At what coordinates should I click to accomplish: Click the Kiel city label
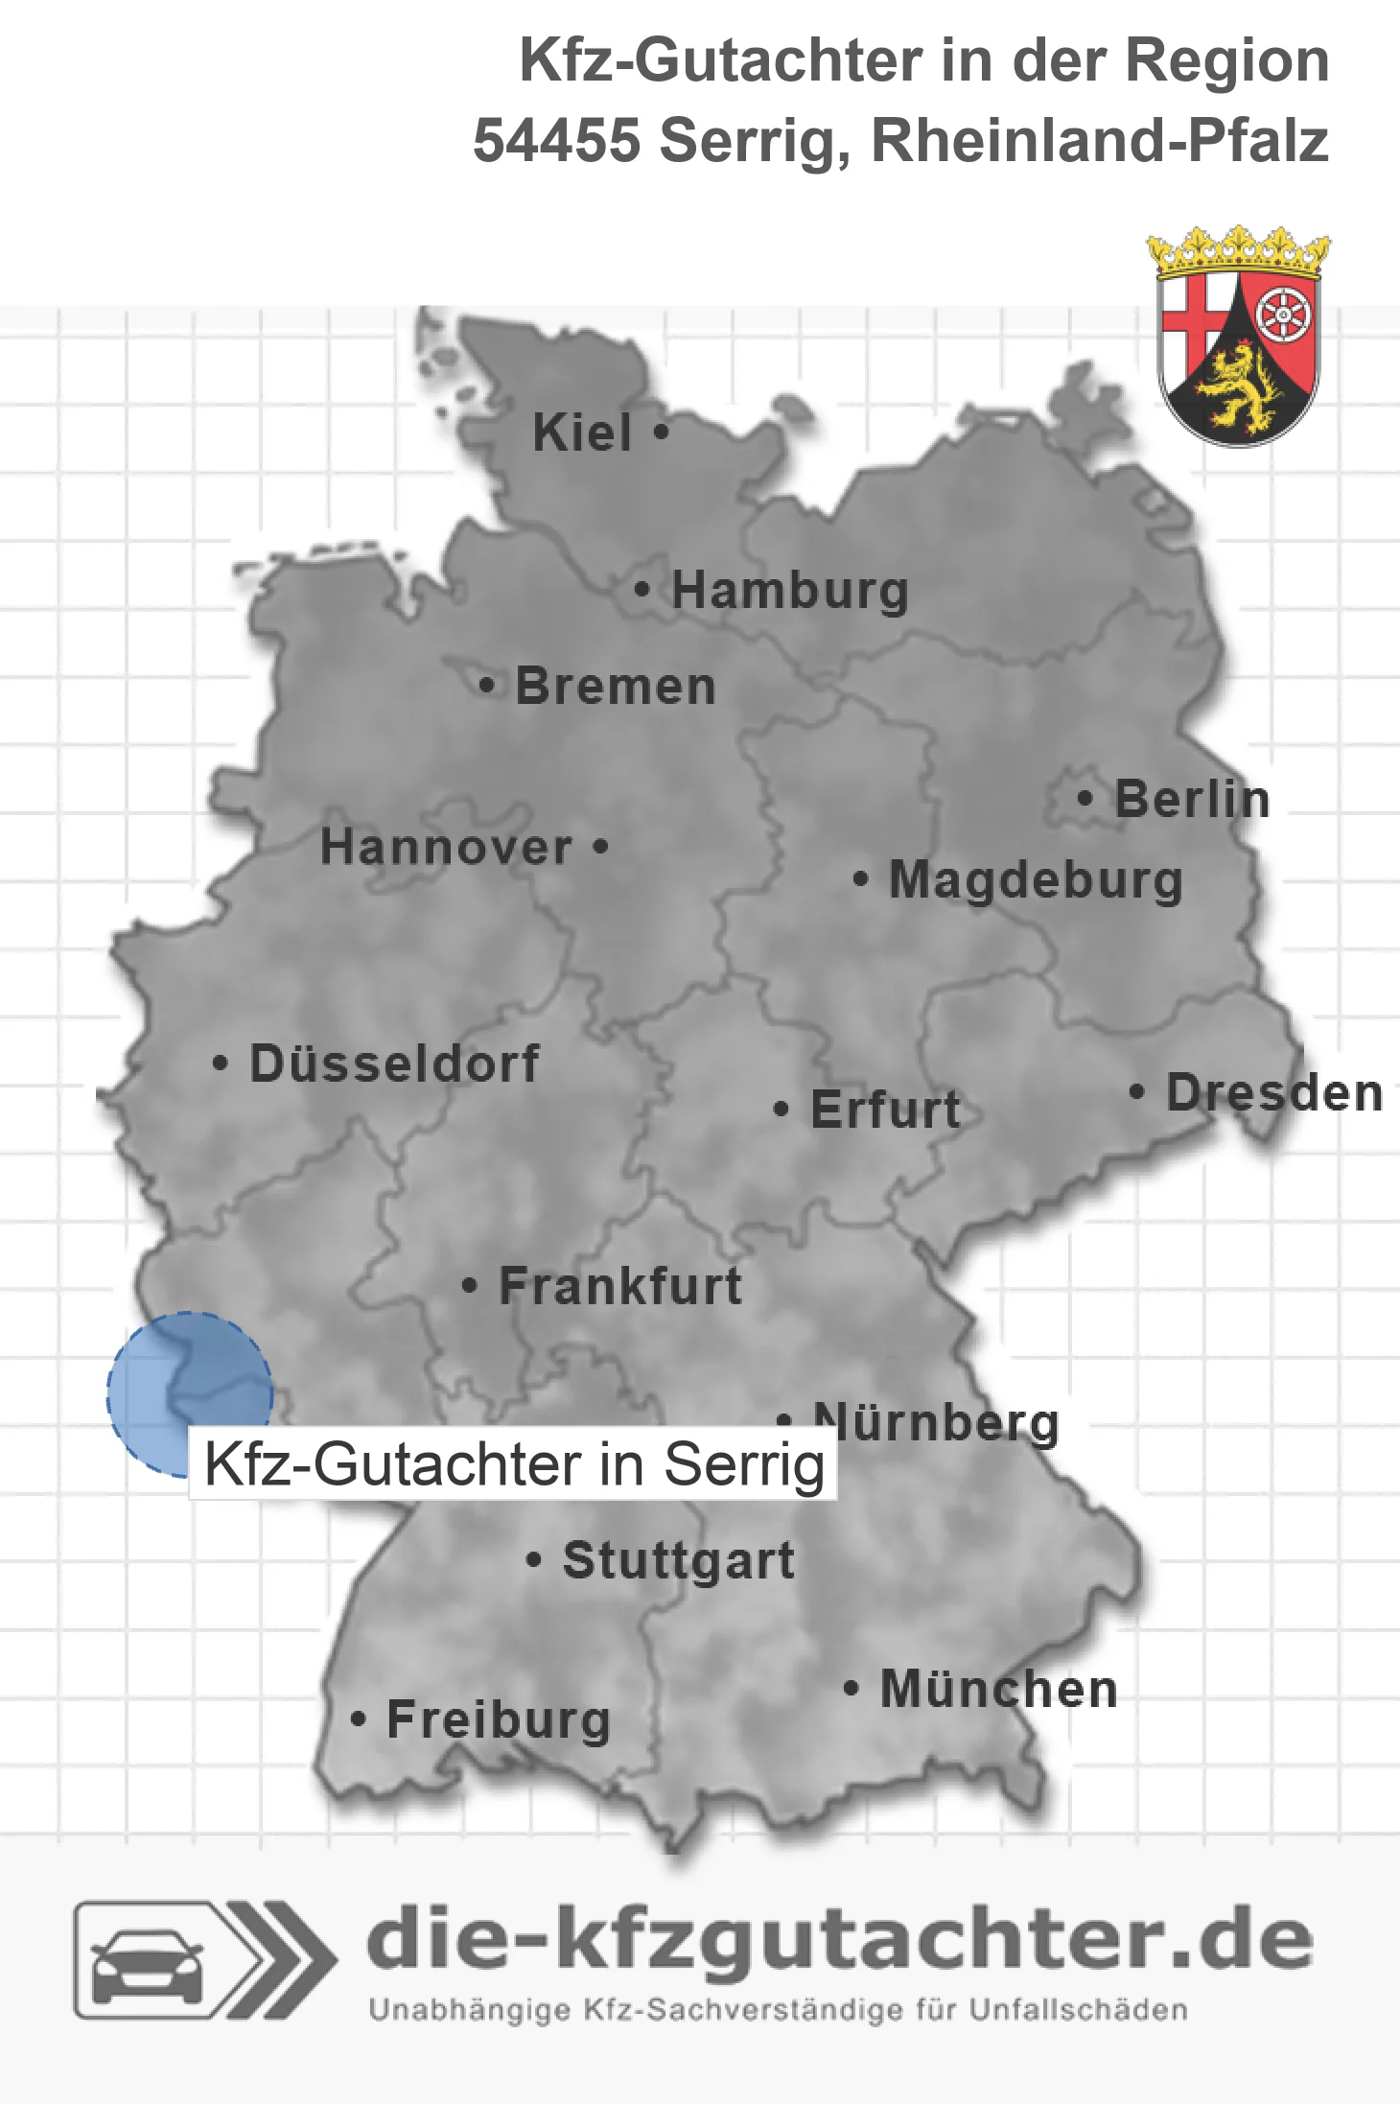click(x=582, y=432)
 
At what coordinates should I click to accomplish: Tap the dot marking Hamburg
click(x=642, y=589)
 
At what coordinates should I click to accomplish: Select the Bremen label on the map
click(x=616, y=687)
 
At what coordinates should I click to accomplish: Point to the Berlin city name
click(x=1192, y=799)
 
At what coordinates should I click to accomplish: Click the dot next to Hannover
click(x=601, y=846)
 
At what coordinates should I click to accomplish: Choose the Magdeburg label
click(x=1036, y=880)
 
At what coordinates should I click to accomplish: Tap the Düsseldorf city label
click(x=394, y=1064)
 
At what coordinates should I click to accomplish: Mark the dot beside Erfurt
click(x=782, y=1110)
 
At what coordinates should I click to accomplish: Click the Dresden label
click(x=1274, y=1093)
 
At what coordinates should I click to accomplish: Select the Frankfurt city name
click(x=620, y=1286)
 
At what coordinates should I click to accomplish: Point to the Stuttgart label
click(x=678, y=1560)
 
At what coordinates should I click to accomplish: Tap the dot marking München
click(x=851, y=1688)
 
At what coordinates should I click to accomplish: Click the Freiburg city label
click(x=499, y=1719)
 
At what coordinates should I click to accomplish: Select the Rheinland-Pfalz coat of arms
click(x=1239, y=338)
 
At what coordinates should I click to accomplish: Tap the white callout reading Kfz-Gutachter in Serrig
click(x=514, y=1464)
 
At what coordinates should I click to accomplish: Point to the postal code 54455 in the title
click(x=556, y=141)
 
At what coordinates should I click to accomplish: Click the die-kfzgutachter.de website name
click(x=839, y=1939)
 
